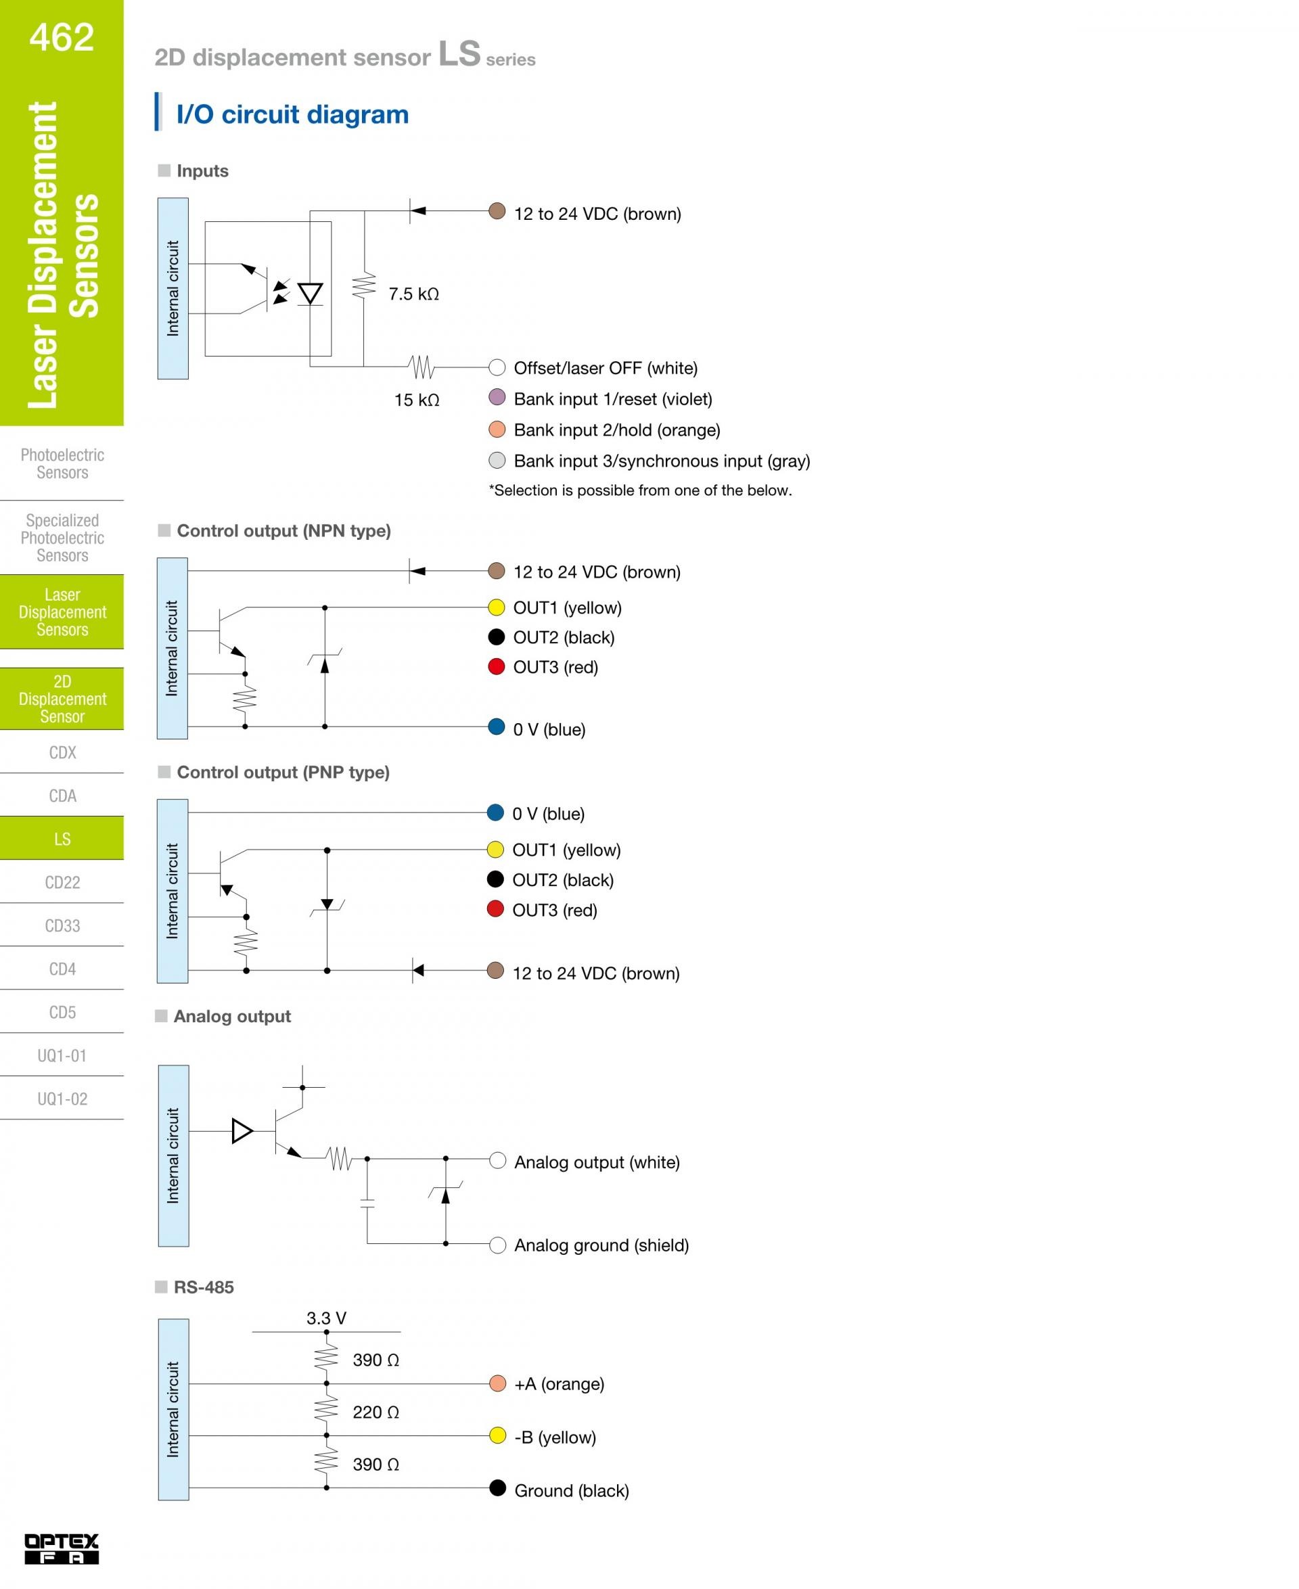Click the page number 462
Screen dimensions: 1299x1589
(x=62, y=37)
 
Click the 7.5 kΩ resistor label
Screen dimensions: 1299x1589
(x=414, y=294)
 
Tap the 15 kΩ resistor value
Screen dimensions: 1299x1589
(x=417, y=400)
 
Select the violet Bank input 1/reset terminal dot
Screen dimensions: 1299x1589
(x=497, y=397)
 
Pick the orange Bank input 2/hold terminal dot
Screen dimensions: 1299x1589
(x=497, y=430)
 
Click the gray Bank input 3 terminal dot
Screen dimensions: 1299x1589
(x=497, y=460)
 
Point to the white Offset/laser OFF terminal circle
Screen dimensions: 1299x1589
(x=497, y=367)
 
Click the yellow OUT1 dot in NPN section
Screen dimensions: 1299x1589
(x=496, y=607)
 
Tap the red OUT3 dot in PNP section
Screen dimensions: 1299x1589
(x=495, y=909)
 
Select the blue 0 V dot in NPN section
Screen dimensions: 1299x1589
(x=496, y=727)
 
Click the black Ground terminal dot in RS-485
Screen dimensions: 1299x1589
(x=497, y=1488)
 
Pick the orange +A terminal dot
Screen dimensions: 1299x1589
(x=497, y=1383)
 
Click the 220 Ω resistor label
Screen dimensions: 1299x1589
(x=375, y=1412)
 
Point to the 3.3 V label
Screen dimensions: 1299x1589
(x=326, y=1318)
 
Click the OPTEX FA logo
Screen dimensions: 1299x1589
(x=62, y=1548)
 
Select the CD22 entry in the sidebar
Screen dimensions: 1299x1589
(x=62, y=883)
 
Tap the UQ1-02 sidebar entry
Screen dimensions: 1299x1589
(x=62, y=1099)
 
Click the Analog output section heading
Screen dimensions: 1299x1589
(x=232, y=1016)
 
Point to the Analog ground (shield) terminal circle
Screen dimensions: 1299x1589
(x=497, y=1245)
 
